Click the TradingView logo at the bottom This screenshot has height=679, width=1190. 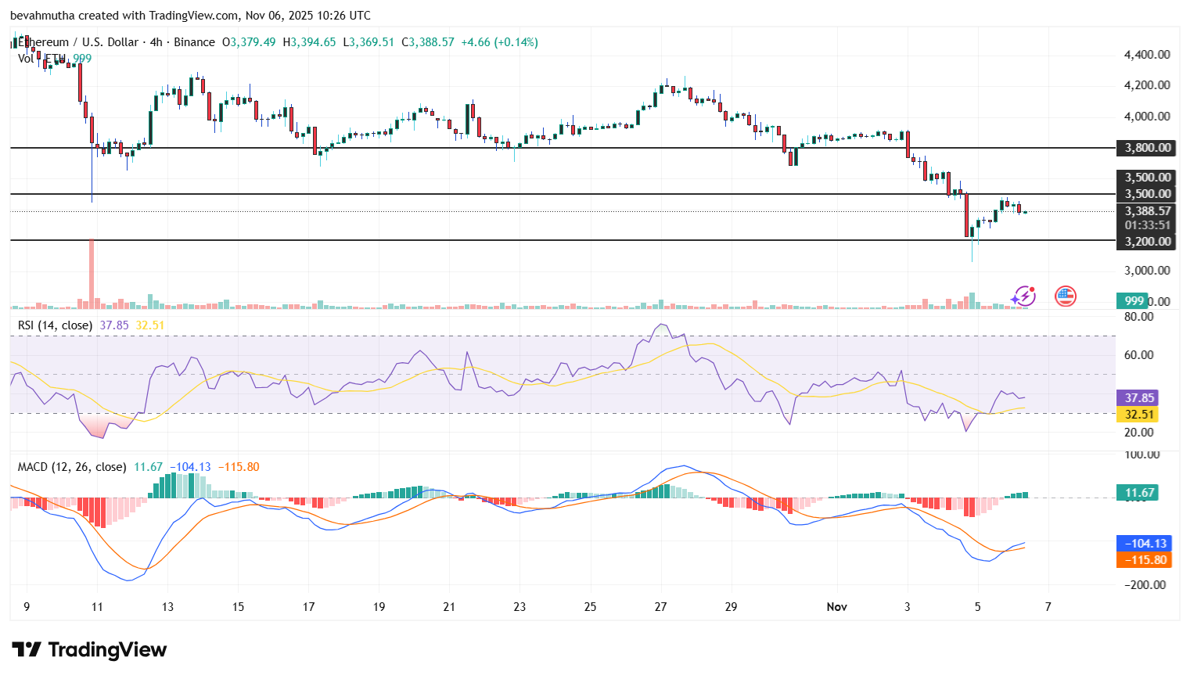[x=89, y=650]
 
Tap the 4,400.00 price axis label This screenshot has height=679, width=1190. [x=1147, y=55]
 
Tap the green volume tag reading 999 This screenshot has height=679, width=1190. [x=1134, y=301]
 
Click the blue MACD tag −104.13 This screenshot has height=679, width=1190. [x=1145, y=544]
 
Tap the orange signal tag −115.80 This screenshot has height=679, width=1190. [x=1145, y=560]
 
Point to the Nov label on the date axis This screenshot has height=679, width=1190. [x=837, y=607]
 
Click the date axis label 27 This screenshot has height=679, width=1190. [x=661, y=607]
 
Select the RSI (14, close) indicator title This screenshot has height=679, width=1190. [x=55, y=325]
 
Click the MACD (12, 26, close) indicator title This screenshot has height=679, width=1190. [x=72, y=467]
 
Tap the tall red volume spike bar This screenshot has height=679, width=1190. [x=92, y=274]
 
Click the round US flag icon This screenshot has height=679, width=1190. [x=1065, y=296]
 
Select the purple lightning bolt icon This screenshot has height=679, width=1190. [x=1023, y=296]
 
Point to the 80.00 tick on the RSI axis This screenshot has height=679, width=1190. [x=1138, y=317]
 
